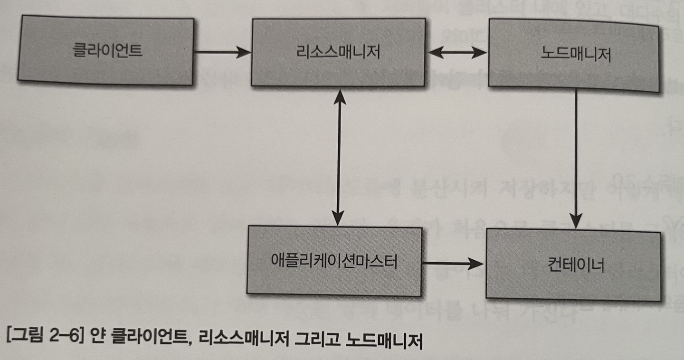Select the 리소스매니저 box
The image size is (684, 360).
coord(338,52)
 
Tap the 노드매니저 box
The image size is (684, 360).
coord(574,55)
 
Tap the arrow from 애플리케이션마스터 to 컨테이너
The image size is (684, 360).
coord(453,263)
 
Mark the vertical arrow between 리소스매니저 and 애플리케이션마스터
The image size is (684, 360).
coord(338,157)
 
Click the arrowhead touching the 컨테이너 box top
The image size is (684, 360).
coord(576,222)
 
